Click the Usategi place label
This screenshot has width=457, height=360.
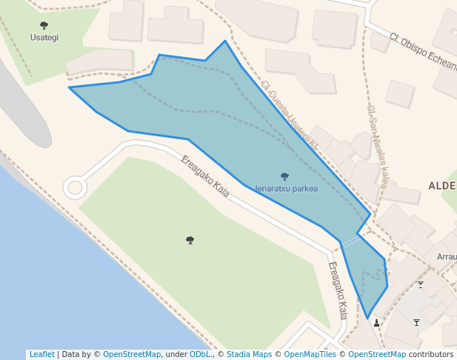44,37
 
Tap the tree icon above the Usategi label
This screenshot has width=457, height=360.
44,26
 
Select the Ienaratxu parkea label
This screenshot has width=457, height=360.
286,189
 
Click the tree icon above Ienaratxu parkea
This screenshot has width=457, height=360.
285,176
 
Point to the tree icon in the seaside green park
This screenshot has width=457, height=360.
190,240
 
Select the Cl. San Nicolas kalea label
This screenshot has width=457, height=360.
377,145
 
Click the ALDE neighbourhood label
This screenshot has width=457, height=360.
442,186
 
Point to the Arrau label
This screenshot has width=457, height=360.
447,257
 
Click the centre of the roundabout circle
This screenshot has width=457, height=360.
75,187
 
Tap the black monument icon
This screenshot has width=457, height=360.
377,322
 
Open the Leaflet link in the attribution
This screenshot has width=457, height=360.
41,354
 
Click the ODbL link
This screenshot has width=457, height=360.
201,354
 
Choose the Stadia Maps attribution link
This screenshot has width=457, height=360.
249,354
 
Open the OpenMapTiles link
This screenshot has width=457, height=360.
310,354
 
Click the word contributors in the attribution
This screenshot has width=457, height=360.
430,354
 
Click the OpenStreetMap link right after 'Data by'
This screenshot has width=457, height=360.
132,354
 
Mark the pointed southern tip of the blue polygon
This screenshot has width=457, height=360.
367,319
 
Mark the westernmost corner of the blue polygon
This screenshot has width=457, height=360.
70,87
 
